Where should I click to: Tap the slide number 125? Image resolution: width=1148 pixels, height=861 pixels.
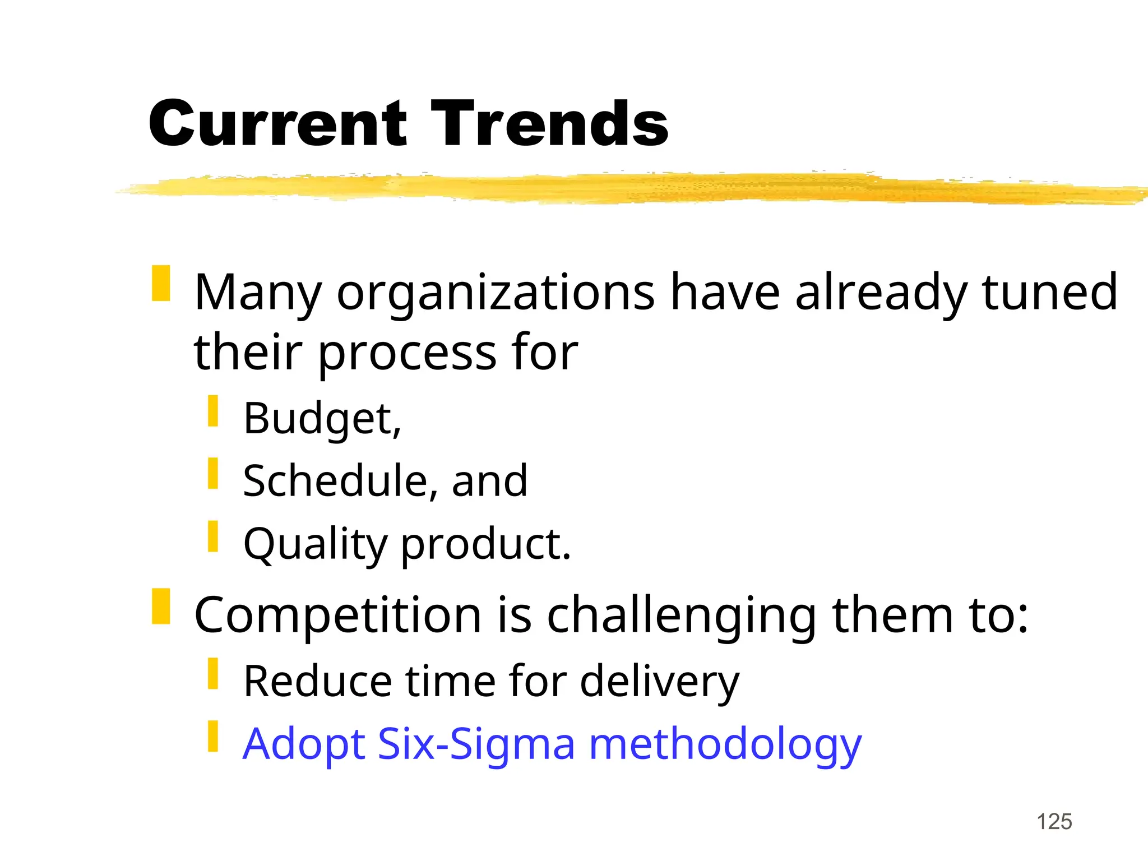click(x=1054, y=822)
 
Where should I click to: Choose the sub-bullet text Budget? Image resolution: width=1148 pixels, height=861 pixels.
click(x=322, y=419)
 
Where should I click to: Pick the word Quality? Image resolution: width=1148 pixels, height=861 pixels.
click(x=316, y=545)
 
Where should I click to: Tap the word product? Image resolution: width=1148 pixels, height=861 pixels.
click(x=486, y=545)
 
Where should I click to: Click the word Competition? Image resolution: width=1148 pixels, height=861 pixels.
click(x=337, y=615)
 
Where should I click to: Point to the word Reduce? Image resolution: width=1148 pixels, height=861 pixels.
click(x=317, y=682)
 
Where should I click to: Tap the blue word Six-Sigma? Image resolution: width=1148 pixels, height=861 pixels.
click(x=476, y=744)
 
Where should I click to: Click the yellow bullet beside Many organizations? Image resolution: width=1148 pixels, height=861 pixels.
click(x=161, y=284)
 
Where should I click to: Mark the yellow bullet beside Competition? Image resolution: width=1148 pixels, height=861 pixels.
click(x=161, y=607)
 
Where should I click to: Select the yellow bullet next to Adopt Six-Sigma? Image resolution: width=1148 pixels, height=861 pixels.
click(x=213, y=736)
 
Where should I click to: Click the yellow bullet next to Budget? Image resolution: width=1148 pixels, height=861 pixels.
click(x=213, y=411)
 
